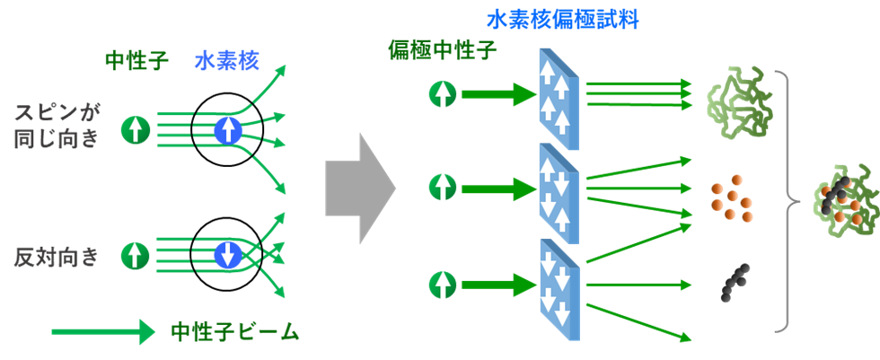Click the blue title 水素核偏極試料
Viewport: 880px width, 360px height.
pyautogui.click(x=563, y=22)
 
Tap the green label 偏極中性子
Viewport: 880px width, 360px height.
pyautogui.click(x=443, y=52)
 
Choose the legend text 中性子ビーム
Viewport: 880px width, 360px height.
pyautogui.click(x=234, y=332)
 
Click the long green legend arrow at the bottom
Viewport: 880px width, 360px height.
pyautogui.click(x=102, y=332)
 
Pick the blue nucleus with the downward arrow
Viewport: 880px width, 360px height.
pyautogui.click(x=228, y=256)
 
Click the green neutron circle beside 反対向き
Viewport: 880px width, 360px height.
pyautogui.click(x=136, y=256)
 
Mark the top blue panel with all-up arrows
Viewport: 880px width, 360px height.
pyautogui.click(x=559, y=100)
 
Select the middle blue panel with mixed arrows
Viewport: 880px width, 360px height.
pyautogui.click(x=559, y=194)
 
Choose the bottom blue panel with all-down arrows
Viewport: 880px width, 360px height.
pyautogui.click(x=559, y=289)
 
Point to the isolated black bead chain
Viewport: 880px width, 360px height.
pyautogui.click(x=735, y=283)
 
